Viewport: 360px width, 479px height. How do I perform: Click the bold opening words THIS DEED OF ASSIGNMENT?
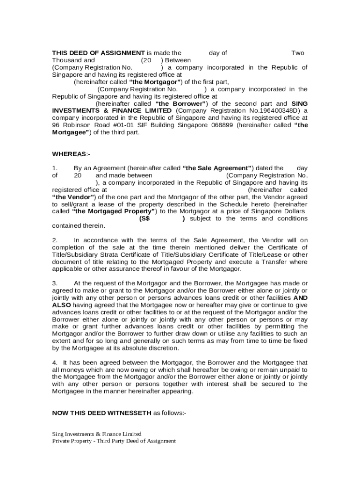[x=98, y=53]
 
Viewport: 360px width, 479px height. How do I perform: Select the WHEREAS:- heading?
[x=69, y=154]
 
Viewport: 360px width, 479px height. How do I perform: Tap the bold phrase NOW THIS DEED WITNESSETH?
[x=101, y=413]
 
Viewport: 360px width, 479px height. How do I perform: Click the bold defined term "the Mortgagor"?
[x=156, y=82]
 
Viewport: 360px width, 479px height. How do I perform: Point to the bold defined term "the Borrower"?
[x=181, y=103]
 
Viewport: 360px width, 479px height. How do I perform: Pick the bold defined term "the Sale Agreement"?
[x=218, y=168]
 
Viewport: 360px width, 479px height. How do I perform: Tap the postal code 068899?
[x=222, y=125]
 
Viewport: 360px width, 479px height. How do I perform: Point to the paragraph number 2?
[x=55, y=240]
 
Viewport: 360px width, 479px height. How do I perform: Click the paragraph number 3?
[x=55, y=283]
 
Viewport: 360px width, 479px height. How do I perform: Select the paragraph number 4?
[x=55, y=362]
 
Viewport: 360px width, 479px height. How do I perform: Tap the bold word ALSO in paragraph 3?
[x=62, y=305]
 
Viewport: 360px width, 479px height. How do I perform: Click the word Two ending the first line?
[x=298, y=53]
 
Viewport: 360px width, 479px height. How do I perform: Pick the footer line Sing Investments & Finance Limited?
[x=96, y=434]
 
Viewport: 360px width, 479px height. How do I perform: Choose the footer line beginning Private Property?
[x=114, y=441]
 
